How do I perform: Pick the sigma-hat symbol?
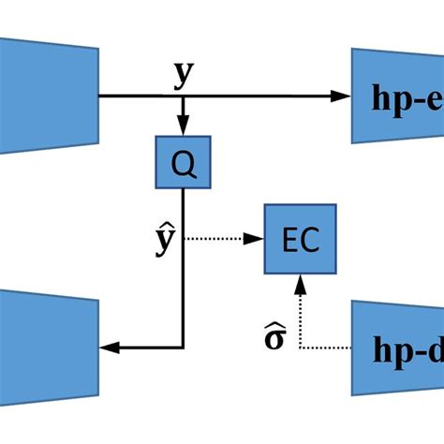point(274,334)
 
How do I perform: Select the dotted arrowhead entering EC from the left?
point(258,239)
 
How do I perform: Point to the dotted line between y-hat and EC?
point(220,239)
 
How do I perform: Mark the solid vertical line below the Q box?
point(184,262)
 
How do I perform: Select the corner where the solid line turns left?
point(184,348)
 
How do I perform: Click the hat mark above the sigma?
point(274,321)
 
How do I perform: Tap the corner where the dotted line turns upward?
point(299,348)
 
